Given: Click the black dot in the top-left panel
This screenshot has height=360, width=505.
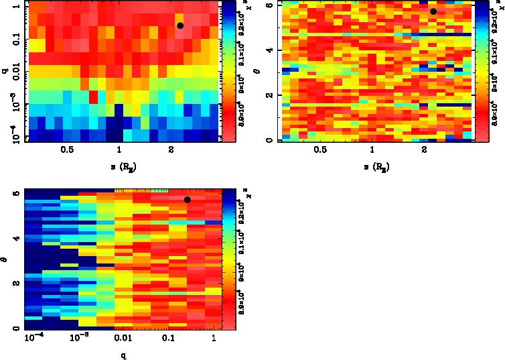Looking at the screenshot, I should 180,25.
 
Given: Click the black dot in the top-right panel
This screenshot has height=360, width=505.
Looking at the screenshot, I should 433,11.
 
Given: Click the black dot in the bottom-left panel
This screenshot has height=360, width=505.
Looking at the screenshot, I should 188,200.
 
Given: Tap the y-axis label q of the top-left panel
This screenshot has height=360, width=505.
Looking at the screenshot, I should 5,70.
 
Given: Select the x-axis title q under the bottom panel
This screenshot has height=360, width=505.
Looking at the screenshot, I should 124,356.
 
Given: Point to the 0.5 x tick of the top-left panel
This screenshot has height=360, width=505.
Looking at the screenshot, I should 67,150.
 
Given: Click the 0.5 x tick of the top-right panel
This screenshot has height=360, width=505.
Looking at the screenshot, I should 320,150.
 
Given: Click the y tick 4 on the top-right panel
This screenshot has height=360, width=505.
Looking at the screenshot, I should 269,50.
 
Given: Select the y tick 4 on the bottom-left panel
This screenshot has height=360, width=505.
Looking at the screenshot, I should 15,238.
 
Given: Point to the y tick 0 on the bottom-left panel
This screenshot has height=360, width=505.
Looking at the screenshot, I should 15,328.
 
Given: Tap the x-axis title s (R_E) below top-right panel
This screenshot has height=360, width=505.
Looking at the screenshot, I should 372,164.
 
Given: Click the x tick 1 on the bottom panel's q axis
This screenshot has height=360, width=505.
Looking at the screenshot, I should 213,340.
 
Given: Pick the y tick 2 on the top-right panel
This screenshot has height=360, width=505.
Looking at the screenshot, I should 269,95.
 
